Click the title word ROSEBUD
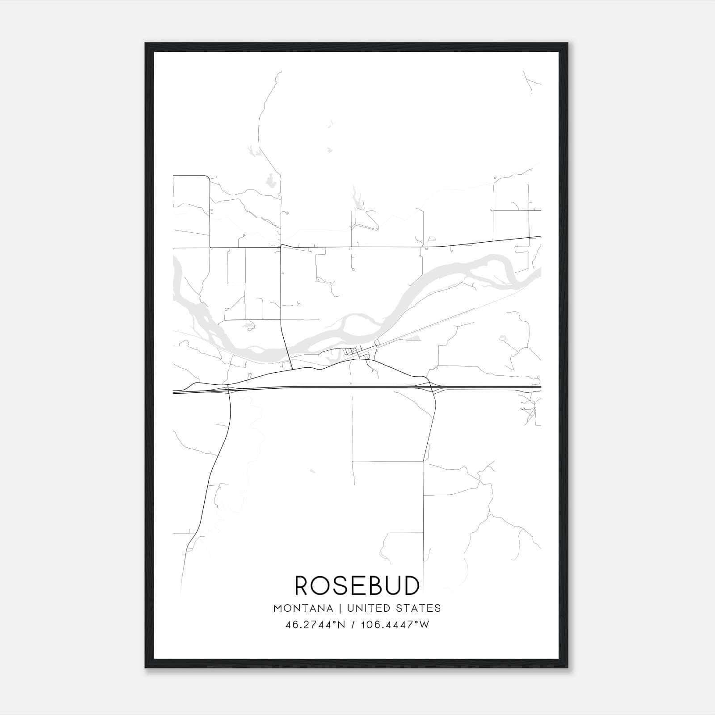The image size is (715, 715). [357, 585]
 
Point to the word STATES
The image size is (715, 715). [419, 608]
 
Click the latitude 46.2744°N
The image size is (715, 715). [315, 625]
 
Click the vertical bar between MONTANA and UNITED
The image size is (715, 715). [339, 608]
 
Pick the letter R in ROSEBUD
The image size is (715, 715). [303, 585]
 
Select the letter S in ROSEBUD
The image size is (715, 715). [340, 585]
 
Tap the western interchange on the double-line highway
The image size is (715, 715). [228, 388]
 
